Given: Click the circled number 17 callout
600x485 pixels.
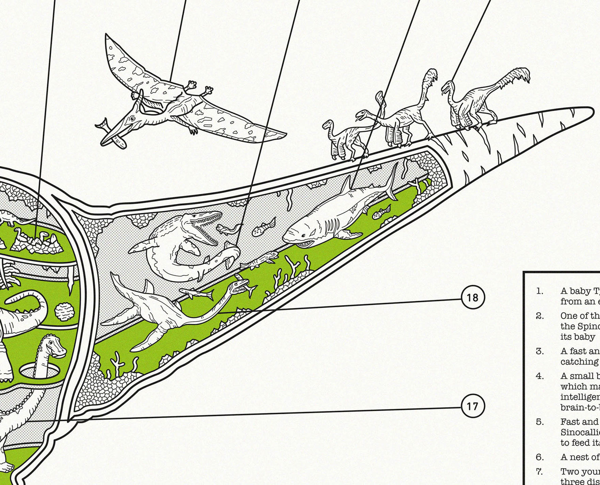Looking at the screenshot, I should (x=473, y=406).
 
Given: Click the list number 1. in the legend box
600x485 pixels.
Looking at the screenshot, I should (x=540, y=291).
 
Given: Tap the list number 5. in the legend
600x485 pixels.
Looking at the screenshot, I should (x=540, y=422).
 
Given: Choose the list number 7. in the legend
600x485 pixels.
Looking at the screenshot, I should (x=540, y=472).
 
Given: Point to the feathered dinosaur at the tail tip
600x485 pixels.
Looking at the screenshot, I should (x=472, y=103).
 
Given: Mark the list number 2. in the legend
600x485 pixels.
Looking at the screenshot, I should (x=540, y=316).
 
